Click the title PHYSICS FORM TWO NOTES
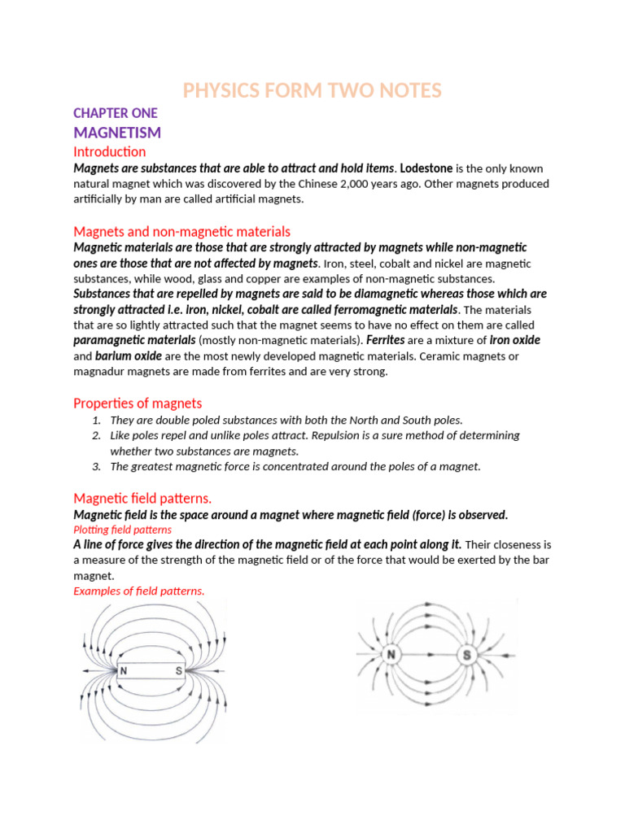click(312, 90)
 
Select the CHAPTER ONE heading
click(115, 113)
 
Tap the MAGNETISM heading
click(117, 132)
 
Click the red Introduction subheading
click(110, 151)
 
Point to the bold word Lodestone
click(426, 168)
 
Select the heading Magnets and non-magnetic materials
click(181, 232)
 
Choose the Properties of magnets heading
click(138, 403)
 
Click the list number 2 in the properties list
click(96, 436)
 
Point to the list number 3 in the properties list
click(96, 467)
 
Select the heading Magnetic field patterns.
click(142, 498)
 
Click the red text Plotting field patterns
click(122, 530)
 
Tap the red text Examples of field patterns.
click(138, 591)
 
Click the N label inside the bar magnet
click(124, 672)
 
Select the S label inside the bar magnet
click(177, 672)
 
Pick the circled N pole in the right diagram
click(391, 655)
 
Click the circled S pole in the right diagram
click(467, 655)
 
